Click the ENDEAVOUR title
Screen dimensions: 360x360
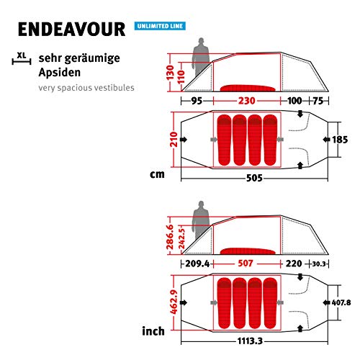pos(71,30)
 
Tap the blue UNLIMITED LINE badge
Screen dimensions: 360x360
pos(160,26)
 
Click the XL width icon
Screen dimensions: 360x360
pos(22,59)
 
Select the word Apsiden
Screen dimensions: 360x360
pos(60,73)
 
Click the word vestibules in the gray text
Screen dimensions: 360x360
pos(114,88)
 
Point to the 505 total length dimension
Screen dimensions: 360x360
pos(254,179)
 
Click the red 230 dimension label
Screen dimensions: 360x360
pos(246,101)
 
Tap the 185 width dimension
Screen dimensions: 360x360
pos(340,140)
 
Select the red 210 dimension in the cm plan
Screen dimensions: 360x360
pos(174,140)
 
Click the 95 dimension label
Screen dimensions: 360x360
pos(197,101)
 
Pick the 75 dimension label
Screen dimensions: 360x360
pos(318,101)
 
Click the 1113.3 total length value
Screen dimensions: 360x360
pos(250,341)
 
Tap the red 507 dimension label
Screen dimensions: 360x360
pos(246,264)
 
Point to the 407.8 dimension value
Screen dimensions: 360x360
pos(341,302)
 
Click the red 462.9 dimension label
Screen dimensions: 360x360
pos(174,302)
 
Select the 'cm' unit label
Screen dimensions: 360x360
pos(157,174)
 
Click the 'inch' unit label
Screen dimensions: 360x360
pos(153,331)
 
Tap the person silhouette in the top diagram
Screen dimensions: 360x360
pos(201,57)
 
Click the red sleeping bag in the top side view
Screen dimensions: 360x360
pos(248,89)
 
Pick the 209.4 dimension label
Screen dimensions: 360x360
pos(197,264)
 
